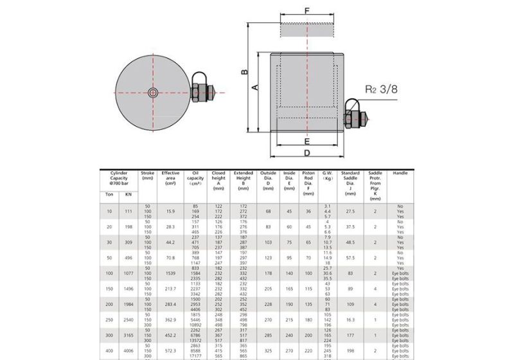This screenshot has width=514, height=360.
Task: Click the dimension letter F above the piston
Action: (x=306, y=11)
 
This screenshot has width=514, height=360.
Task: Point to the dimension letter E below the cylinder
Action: (x=307, y=141)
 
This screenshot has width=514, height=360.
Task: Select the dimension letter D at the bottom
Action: (x=307, y=154)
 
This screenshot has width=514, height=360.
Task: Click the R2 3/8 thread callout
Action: (x=382, y=89)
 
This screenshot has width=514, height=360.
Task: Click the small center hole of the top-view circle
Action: (x=152, y=93)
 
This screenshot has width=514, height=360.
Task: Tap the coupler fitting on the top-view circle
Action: (x=202, y=93)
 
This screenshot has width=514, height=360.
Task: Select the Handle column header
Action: (x=400, y=173)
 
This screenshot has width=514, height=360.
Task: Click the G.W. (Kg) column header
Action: (x=327, y=175)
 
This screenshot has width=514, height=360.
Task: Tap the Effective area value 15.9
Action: (x=170, y=211)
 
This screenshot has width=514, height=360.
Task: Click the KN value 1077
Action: (x=128, y=273)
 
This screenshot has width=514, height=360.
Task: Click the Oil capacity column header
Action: (x=195, y=178)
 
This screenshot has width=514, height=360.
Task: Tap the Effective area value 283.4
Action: (x=170, y=303)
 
